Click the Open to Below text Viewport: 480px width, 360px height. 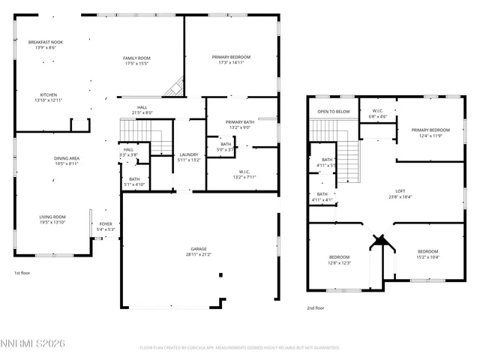click(334, 112)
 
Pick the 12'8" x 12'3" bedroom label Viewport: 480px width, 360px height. click(340, 260)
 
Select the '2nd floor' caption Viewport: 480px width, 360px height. click(315, 307)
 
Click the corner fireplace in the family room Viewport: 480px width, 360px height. click(174, 88)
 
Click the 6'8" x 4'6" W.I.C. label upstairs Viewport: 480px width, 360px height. click(377, 114)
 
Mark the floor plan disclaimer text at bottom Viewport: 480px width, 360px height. click(240, 348)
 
